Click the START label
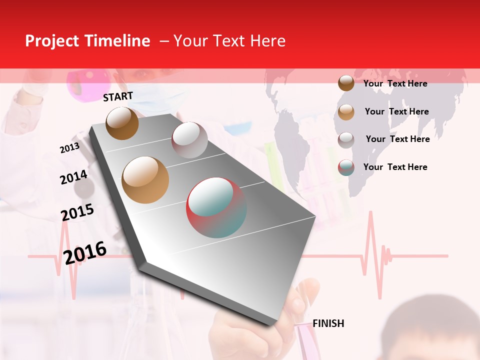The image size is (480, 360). pyautogui.click(x=118, y=96)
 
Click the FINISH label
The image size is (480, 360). pyautogui.click(x=328, y=323)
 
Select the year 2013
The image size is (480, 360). pyautogui.click(x=69, y=148)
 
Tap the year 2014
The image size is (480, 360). pyautogui.click(x=73, y=177)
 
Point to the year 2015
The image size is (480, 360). pyautogui.click(x=77, y=212)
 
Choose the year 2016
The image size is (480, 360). pyautogui.click(x=85, y=252)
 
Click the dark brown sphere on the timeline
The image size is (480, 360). pyautogui.click(x=122, y=123)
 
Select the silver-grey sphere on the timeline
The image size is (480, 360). pyautogui.click(x=189, y=140)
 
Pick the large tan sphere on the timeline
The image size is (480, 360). pyautogui.click(x=145, y=180)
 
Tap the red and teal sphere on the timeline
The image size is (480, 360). pyautogui.click(x=216, y=207)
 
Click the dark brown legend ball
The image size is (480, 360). pyautogui.click(x=346, y=83)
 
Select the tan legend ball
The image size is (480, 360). pyautogui.click(x=346, y=112)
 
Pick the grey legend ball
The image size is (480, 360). pyautogui.click(x=346, y=140)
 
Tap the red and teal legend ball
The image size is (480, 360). pyautogui.click(x=346, y=168)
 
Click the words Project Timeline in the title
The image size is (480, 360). pyautogui.click(x=87, y=41)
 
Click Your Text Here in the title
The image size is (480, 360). pyautogui.click(x=229, y=41)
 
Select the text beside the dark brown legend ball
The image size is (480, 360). pyautogui.click(x=395, y=83)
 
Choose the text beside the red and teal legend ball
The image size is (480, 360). pyautogui.click(x=395, y=167)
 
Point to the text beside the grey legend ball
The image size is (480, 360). pyautogui.click(x=397, y=139)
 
